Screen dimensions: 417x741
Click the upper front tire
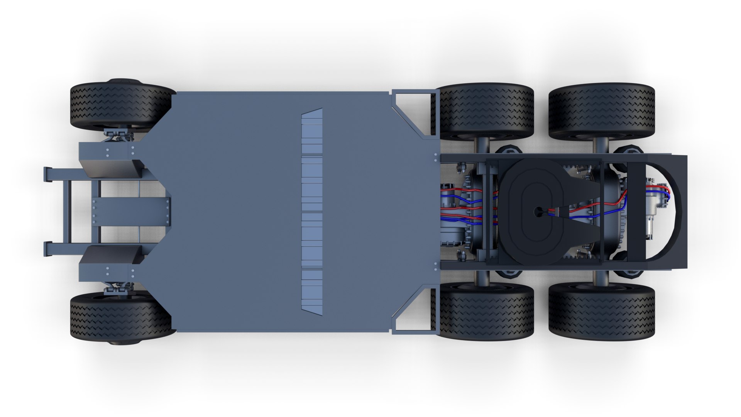(120, 104)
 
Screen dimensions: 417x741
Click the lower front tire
(120, 319)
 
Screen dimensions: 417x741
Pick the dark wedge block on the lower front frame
(112, 255)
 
